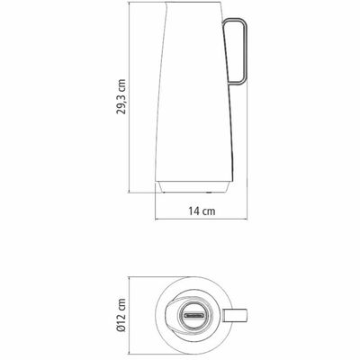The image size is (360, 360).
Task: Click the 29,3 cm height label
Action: click(x=121, y=96)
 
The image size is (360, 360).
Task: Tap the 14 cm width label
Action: click(x=202, y=211)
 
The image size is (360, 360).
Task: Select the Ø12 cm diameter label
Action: click(x=121, y=315)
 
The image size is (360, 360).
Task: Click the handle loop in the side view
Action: click(x=246, y=51)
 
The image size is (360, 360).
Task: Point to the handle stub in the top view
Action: click(x=239, y=315)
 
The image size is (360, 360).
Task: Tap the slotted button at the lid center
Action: click(x=193, y=315)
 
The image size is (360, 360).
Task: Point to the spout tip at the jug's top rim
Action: click(x=166, y=4)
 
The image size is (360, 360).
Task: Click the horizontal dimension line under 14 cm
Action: click(x=202, y=220)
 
